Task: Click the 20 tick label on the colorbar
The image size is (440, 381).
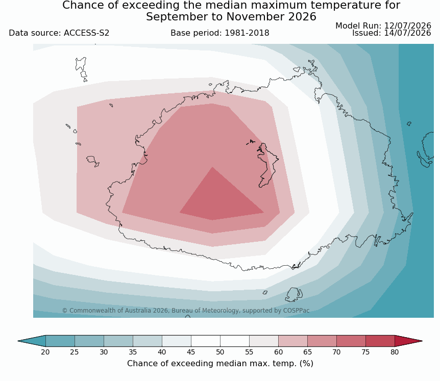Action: [45, 352]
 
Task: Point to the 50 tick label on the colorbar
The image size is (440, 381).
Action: [220, 352]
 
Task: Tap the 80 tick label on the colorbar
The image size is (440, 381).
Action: [395, 352]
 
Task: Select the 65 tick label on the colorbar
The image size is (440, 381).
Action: [307, 352]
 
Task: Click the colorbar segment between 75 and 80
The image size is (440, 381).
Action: [380, 341]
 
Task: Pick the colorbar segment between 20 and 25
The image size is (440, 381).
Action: [60, 341]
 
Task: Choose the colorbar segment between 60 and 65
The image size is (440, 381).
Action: [292, 341]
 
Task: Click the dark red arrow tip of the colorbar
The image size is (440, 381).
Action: [408, 341]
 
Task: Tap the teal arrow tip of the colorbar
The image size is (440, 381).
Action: [32, 341]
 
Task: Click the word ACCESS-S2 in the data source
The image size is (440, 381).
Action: [86, 33]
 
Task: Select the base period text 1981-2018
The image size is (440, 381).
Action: [247, 33]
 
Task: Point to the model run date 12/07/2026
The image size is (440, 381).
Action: [407, 26]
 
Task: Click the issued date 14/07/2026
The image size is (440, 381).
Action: [407, 33]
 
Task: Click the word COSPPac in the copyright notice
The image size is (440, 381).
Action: [297, 311]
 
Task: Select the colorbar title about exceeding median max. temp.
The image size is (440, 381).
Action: [220, 364]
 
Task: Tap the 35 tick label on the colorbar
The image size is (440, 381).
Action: [133, 352]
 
